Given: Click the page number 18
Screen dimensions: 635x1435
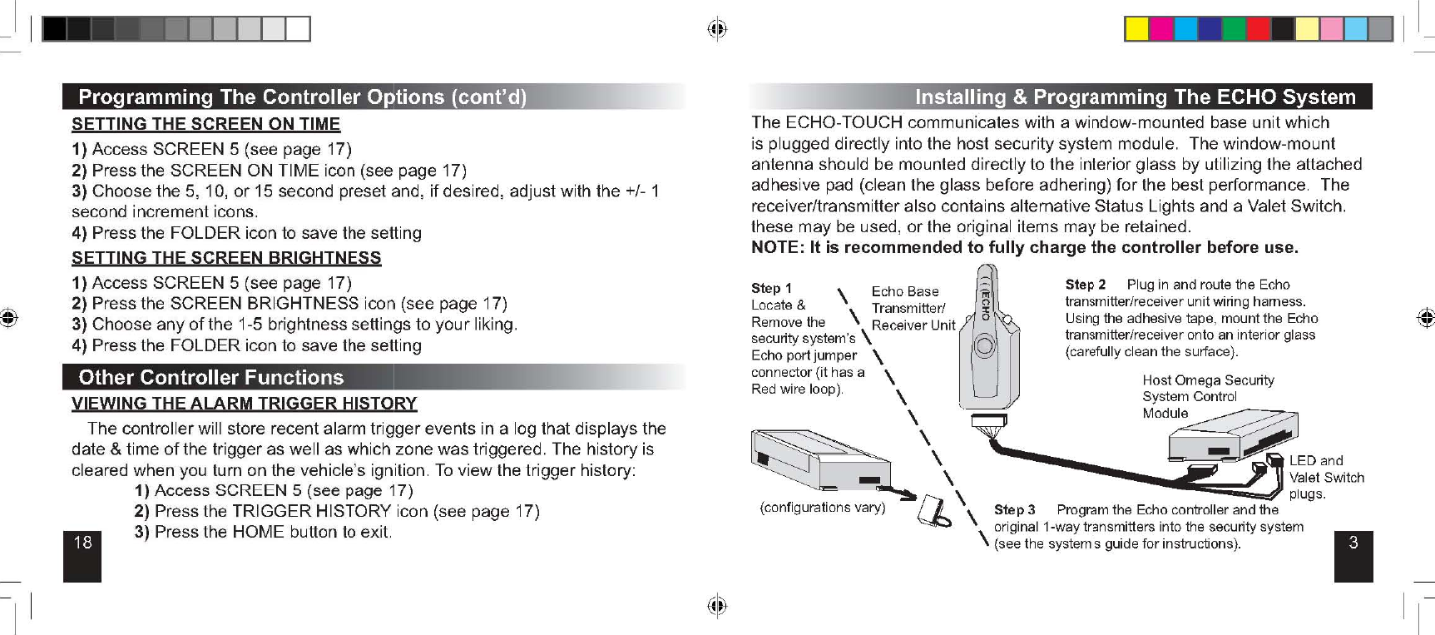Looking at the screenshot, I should pyautogui.click(x=82, y=543).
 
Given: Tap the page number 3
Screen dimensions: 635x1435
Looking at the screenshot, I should pyautogui.click(x=1353, y=543).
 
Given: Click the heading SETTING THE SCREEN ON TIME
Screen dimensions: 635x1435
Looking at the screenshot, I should pyautogui.click(x=205, y=125).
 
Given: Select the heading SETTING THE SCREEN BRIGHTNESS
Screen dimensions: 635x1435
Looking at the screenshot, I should pyautogui.click(x=226, y=258).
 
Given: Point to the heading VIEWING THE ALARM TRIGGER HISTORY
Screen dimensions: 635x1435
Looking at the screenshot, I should pyautogui.click(x=244, y=404).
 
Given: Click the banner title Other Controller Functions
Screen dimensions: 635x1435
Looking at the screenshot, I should pyautogui.click(x=210, y=378).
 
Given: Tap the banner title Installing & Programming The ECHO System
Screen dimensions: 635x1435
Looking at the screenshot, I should pyautogui.click(x=1135, y=97).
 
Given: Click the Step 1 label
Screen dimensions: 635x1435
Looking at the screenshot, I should pyautogui.click(x=771, y=288).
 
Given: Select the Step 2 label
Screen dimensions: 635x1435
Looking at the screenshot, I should pyautogui.click(x=1086, y=285).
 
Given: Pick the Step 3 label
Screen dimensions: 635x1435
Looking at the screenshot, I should pyautogui.click(x=1014, y=509).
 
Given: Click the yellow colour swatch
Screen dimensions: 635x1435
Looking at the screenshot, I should pyautogui.click(x=1136, y=29).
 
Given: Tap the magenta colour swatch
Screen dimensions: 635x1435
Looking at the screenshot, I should pyautogui.click(x=1161, y=29).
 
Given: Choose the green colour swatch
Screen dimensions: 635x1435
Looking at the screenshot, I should pyautogui.click(x=1235, y=29).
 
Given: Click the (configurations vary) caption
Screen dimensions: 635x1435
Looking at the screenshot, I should pyautogui.click(x=822, y=507).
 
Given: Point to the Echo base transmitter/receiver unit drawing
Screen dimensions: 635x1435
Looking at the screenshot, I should pyautogui.click(x=987, y=341).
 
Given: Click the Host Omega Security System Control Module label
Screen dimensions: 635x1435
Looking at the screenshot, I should pyautogui.click(x=1207, y=396).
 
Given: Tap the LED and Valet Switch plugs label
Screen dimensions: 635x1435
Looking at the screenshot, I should pyautogui.click(x=1326, y=477).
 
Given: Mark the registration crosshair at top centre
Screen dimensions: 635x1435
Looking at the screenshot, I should pyautogui.click(x=717, y=29).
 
